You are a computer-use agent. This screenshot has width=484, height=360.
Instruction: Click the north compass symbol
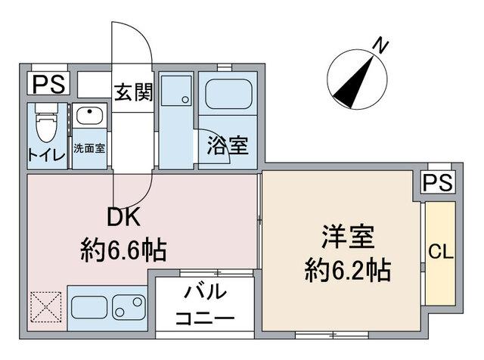point(355,79)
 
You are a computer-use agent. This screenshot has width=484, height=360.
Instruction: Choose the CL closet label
point(441,253)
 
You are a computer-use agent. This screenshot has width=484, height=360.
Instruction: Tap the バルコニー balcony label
point(204,305)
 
